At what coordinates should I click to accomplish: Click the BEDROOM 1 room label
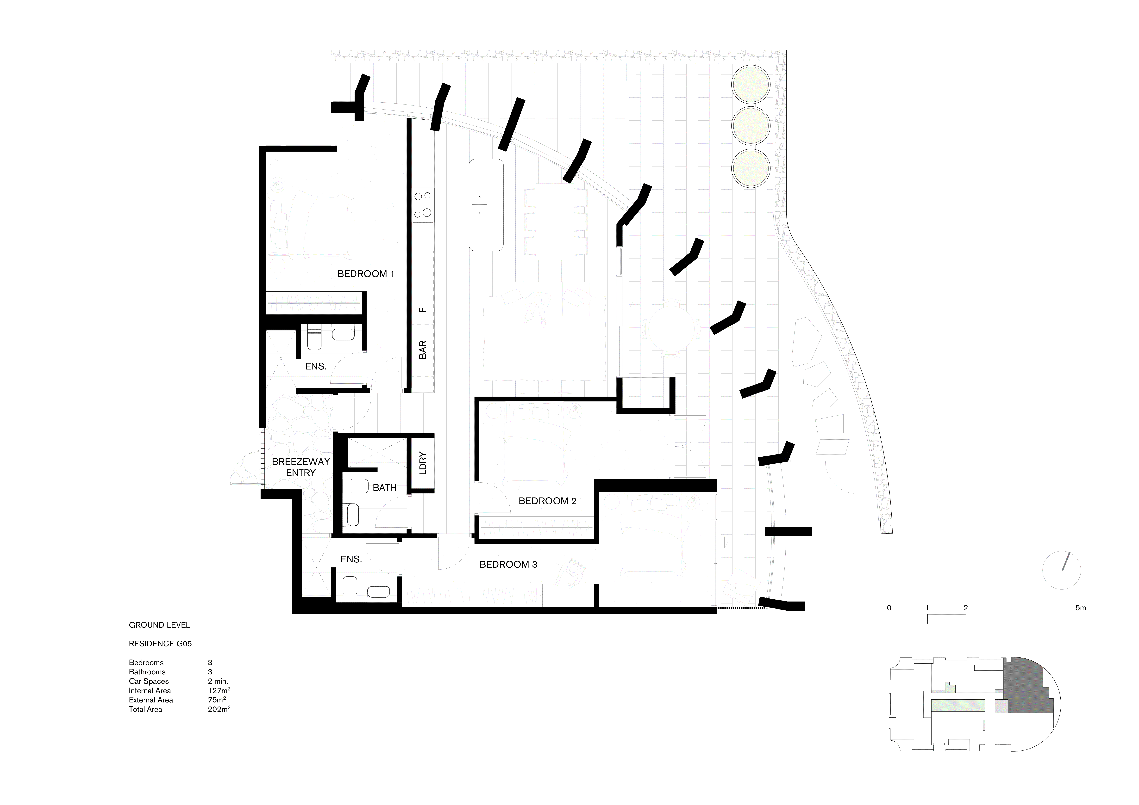(366, 274)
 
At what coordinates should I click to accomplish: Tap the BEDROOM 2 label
(547, 501)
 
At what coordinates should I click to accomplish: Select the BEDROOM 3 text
(508, 565)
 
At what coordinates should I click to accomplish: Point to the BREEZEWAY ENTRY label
(301, 467)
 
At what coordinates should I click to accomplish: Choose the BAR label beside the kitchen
(423, 350)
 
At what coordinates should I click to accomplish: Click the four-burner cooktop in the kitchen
(423, 205)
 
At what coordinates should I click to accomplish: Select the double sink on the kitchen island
(479, 205)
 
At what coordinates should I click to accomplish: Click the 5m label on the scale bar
(1080, 608)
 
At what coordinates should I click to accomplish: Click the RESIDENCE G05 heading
(160, 644)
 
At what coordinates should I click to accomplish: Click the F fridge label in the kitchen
(423, 310)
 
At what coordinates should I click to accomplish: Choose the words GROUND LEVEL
(159, 625)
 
